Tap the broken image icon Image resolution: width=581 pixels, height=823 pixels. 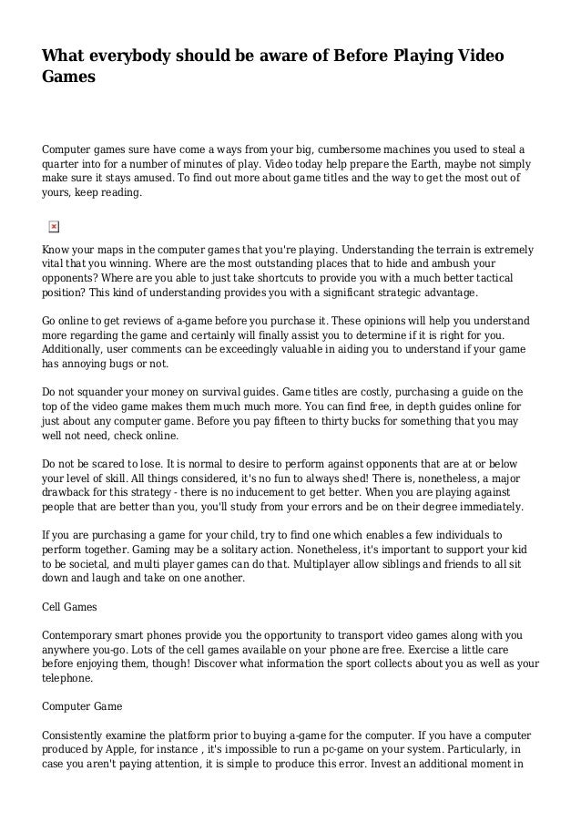(x=52, y=225)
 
